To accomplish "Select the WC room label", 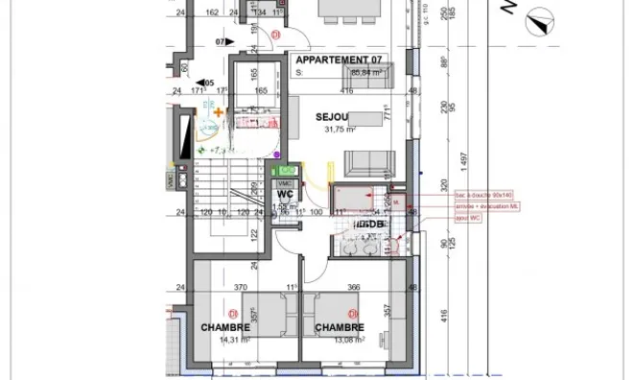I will tap(285, 195).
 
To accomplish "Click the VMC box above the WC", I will tap(285, 182).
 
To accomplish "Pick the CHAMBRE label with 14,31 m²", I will tap(225, 326).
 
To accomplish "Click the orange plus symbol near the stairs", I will tap(220, 113).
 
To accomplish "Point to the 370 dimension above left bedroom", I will tap(241, 287).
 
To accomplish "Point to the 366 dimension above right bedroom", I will tap(353, 287).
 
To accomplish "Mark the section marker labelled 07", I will tap(220, 42).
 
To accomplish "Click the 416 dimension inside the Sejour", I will tap(346, 91).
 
